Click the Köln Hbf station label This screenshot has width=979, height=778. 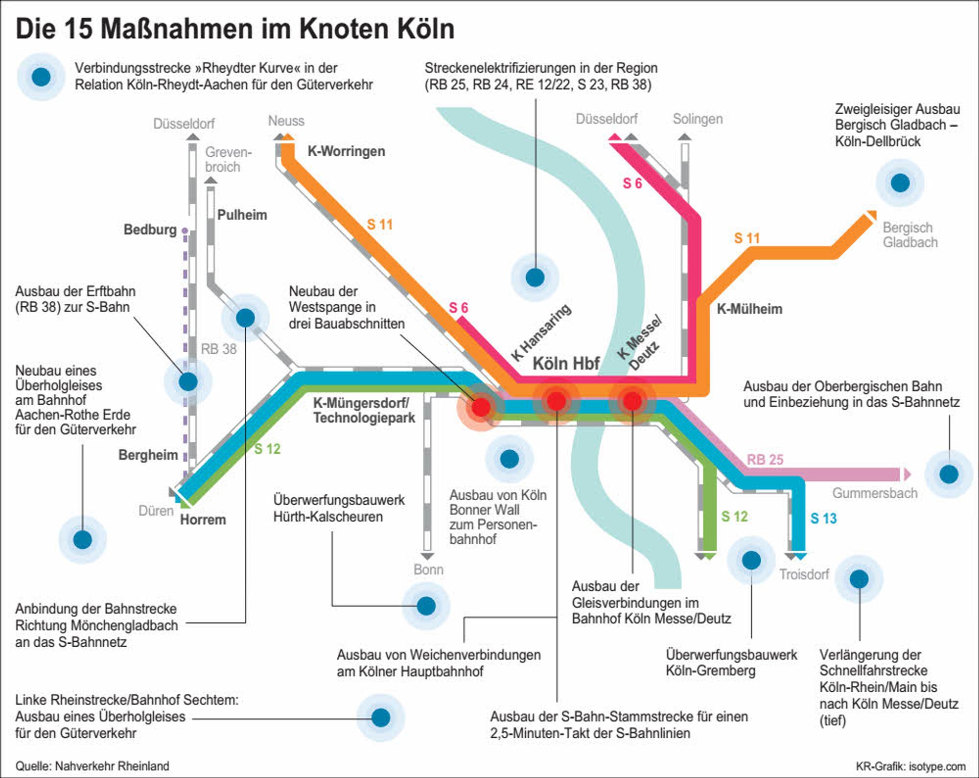coord(566,364)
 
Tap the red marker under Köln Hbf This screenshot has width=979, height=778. coord(557,401)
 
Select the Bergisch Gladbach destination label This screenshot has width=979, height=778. coord(910,235)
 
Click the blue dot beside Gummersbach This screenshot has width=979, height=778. coord(949,474)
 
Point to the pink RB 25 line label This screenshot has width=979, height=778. coord(765,460)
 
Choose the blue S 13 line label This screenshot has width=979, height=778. coord(823,518)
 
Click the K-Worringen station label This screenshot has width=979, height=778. coord(346,151)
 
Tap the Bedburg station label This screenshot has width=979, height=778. coord(150,230)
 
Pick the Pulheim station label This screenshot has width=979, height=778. coord(242,215)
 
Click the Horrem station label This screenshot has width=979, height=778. coord(203,520)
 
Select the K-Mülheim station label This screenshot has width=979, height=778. coord(749,309)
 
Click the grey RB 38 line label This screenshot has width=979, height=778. coord(218,349)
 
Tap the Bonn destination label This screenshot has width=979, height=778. coord(428,570)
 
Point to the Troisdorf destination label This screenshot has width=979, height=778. coord(804,574)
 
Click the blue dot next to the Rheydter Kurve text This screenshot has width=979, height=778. coord(41,77)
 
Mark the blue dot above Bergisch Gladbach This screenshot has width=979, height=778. coord(900,183)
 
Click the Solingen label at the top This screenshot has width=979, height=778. coord(698,119)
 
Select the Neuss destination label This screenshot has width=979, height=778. coord(286,121)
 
